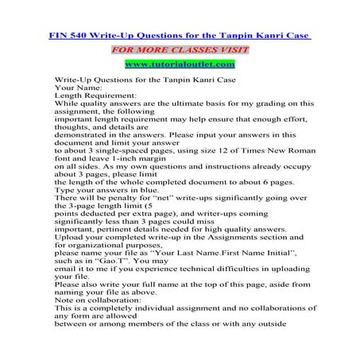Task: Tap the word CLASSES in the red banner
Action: pyautogui.click(x=187, y=48)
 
